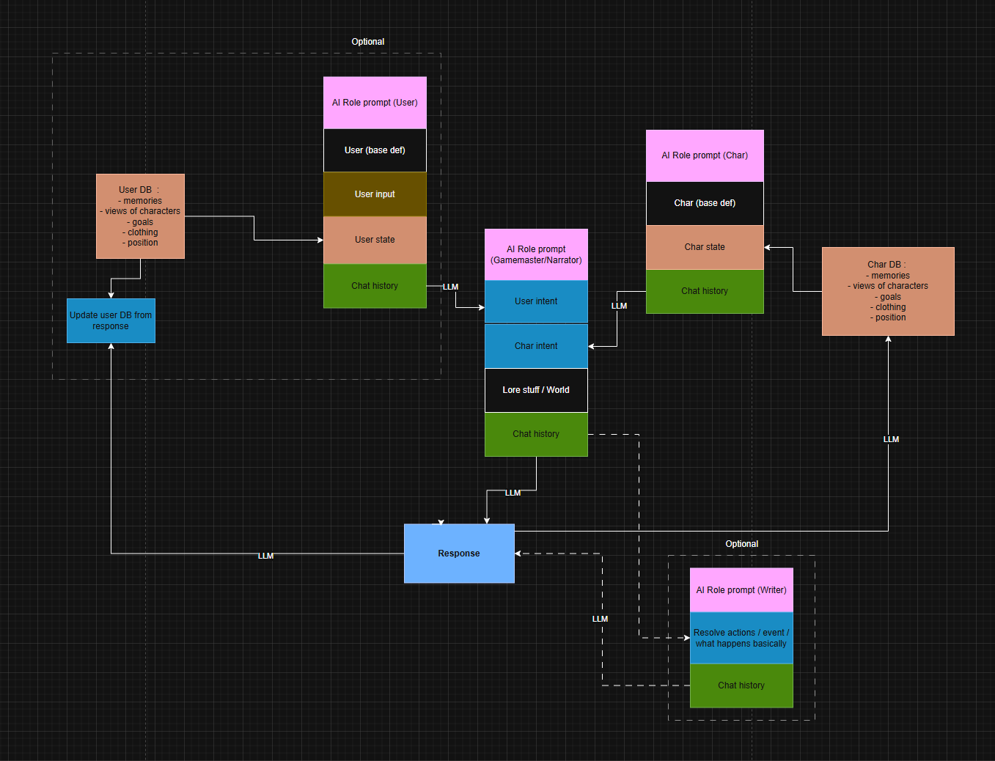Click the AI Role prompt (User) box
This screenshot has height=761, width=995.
coord(375,103)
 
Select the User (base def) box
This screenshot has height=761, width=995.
coord(375,150)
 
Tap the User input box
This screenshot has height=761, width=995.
coord(375,194)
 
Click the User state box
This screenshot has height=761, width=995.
coord(375,240)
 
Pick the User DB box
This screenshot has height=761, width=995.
coord(140,216)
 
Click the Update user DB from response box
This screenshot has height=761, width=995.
coord(111,321)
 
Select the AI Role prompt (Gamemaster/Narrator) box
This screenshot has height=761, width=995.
coord(536,254)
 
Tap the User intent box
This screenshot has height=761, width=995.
coord(536,302)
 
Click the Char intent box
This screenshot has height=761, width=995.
coord(536,346)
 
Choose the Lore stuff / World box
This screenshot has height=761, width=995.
coord(536,390)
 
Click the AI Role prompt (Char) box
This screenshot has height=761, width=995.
coord(705,156)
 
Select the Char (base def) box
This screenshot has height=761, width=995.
coord(705,204)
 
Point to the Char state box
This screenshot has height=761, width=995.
coord(705,248)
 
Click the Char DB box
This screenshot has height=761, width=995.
coord(888,292)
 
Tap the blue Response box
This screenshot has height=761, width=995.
coord(459,554)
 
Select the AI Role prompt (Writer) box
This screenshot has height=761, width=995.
coord(741,590)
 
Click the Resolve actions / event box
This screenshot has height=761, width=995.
coord(741,638)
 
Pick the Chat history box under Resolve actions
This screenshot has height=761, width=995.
coord(741,685)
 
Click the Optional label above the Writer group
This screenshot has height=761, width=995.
coord(741,544)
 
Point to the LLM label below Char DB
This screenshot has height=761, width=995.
coord(891,439)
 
